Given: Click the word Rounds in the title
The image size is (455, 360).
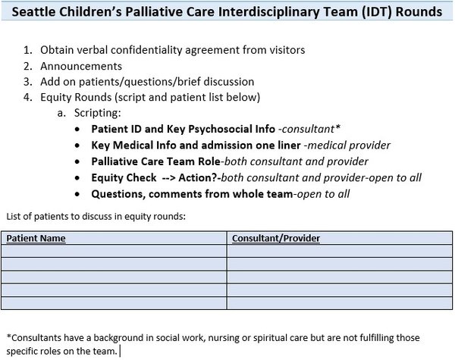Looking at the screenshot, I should pyautogui.click(x=418, y=13).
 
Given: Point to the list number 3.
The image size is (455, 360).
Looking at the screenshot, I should pyautogui.click(x=27, y=82).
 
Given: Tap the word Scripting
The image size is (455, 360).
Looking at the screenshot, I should pyautogui.click(x=96, y=112).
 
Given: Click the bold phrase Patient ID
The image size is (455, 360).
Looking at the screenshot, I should pyautogui.click(x=117, y=128).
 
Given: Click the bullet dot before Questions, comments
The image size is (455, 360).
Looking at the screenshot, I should pyautogui.click(x=82, y=194).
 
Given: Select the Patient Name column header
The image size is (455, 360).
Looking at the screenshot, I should pyautogui.click(x=36, y=238).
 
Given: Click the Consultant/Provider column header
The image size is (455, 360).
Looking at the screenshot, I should pyautogui.click(x=276, y=238).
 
